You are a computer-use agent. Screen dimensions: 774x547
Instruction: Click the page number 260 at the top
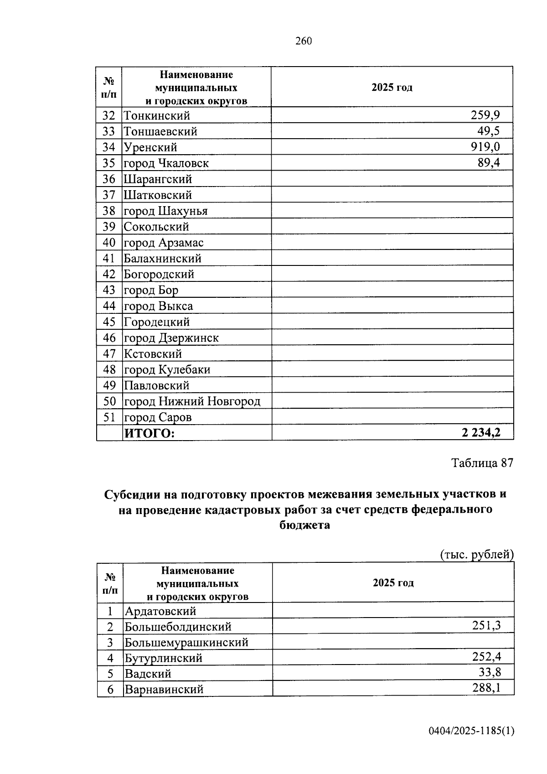pyautogui.click(x=304, y=41)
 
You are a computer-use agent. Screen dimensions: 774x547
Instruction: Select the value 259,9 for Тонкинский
pyautogui.click(x=485, y=115)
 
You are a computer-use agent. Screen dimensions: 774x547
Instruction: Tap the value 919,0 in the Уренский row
pyautogui.click(x=485, y=147)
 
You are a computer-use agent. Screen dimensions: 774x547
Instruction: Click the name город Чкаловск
pyautogui.click(x=166, y=163)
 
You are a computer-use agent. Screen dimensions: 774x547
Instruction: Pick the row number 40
pyautogui.click(x=109, y=243)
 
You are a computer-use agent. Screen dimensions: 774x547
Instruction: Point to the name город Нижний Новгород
pyautogui.click(x=192, y=401)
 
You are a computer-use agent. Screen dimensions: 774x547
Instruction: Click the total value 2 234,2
pyautogui.click(x=481, y=433)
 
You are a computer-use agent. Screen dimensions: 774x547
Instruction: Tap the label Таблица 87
pyautogui.click(x=482, y=463)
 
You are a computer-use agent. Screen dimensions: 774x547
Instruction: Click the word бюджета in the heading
pyautogui.click(x=304, y=525)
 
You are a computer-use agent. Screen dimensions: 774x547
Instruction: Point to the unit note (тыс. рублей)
pyautogui.click(x=477, y=555)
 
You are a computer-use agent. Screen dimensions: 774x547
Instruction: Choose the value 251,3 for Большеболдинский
pyautogui.click(x=486, y=625)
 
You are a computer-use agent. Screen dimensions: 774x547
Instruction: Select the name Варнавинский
pyautogui.click(x=164, y=689)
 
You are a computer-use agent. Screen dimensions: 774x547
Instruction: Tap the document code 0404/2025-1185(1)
pyautogui.click(x=471, y=731)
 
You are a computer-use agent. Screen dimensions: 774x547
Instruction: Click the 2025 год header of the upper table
pyautogui.click(x=392, y=88)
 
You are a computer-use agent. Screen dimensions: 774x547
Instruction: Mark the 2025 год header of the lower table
pyautogui.click(x=393, y=583)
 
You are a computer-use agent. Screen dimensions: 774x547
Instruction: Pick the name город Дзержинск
pyautogui.click(x=171, y=338)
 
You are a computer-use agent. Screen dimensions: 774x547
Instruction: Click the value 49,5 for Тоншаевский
pyautogui.click(x=488, y=131)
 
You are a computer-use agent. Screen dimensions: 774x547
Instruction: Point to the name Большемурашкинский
pyautogui.click(x=187, y=643)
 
